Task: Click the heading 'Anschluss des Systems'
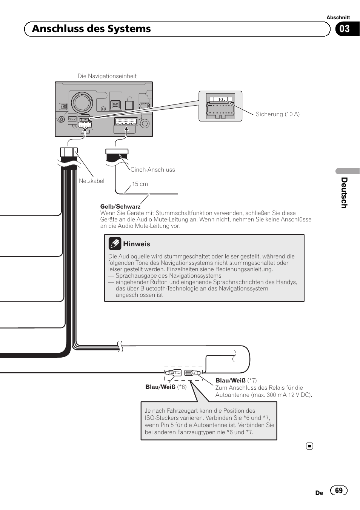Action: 91,29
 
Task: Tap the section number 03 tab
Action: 345,29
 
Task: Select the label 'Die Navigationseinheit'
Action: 107,76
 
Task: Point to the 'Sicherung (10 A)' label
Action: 277,114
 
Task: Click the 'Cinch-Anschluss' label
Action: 152,170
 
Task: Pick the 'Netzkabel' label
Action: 91,181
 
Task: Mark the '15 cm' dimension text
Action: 140,184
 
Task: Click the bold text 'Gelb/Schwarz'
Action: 120,207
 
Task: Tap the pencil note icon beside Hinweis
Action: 115,244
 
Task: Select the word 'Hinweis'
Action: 137,244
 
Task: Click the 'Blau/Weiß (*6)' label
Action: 166,387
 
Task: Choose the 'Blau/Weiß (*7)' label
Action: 236,381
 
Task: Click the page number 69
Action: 338,490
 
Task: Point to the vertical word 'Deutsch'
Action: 344,193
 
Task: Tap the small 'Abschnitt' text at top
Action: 338,17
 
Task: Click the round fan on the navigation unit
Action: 82,102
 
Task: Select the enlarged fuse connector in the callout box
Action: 220,107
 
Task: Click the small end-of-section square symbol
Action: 309,446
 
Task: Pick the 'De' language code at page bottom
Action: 319,493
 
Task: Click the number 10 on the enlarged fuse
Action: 220,100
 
